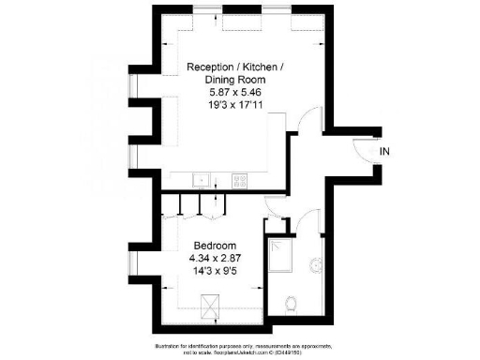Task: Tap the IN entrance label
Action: point(384,151)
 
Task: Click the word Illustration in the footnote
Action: point(163,346)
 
